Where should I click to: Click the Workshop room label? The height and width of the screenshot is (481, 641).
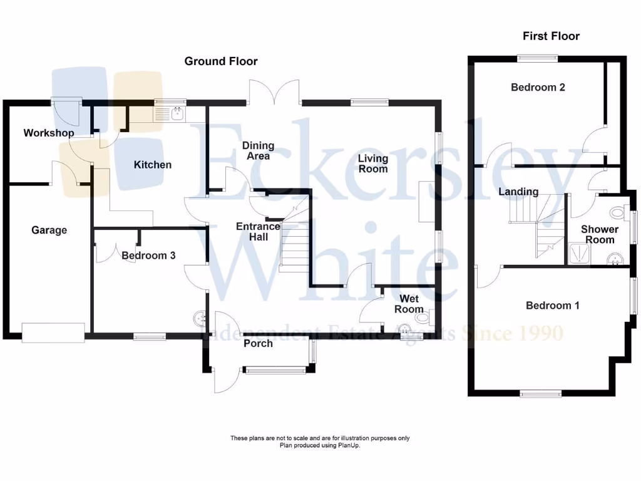[49, 133]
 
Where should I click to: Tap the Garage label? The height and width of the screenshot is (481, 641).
[49, 230]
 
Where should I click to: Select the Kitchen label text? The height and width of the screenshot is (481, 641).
[153, 165]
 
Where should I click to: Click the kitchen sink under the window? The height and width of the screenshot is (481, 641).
[177, 113]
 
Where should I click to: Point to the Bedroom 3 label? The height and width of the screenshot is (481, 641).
[148, 256]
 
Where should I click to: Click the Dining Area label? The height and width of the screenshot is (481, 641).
[258, 150]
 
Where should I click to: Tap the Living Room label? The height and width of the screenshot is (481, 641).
[373, 163]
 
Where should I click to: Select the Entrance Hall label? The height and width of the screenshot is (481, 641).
[257, 232]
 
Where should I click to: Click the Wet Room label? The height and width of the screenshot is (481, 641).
[409, 304]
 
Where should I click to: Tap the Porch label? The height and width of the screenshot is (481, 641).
[258, 343]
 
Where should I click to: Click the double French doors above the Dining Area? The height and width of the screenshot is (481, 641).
[274, 93]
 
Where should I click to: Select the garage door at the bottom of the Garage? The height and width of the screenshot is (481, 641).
[53, 333]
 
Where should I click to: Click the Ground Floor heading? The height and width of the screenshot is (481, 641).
[220, 61]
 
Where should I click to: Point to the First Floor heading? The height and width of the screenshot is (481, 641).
[551, 36]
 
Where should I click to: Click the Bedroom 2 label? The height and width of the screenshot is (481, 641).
[538, 87]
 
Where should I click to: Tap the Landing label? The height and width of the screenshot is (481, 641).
[518, 192]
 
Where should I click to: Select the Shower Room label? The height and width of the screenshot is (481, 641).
[599, 234]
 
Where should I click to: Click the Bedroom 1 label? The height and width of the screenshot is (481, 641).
[552, 306]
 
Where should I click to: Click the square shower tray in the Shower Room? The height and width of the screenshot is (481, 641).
[578, 253]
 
